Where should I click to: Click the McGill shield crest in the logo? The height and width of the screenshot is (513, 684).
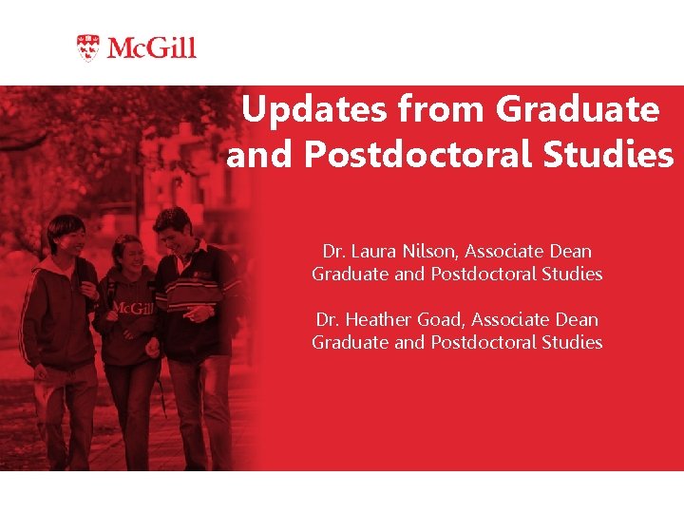[87, 47]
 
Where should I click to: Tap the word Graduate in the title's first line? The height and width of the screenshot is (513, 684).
[578, 110]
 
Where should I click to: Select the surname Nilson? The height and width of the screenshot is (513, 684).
[427, 252]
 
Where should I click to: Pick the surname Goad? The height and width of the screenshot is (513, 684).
[442, 320]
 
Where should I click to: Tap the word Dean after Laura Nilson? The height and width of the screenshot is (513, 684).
[570, 252]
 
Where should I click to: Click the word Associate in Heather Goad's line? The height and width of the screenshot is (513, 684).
[510, 320]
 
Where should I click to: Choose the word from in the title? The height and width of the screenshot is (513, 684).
[443, 110]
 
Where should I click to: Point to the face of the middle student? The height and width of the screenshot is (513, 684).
[130, 254]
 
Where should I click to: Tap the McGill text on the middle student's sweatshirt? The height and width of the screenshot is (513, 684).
[133, 308]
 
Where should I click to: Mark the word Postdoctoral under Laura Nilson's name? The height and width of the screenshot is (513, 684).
[482, 275]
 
